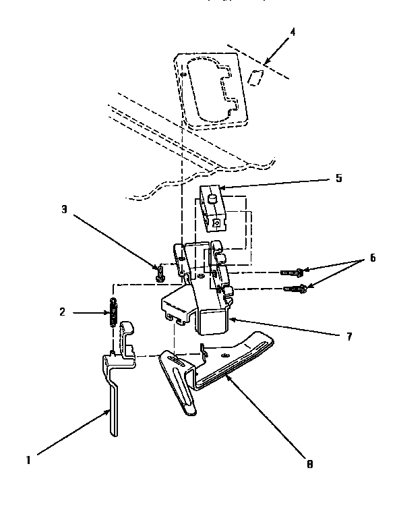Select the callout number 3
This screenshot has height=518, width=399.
tap(64, 210)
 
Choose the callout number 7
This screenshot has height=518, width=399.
tap(348, 335)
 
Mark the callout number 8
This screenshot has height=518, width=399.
tap(309, 464)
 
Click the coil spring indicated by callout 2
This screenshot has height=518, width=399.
tap(115, 312)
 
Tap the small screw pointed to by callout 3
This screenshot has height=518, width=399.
tap(160, 272)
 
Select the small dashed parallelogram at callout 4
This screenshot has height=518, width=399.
tap(255, 76)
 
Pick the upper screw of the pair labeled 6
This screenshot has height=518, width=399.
tap(293, 272)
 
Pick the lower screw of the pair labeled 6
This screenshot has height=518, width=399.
tap(297, 289)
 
